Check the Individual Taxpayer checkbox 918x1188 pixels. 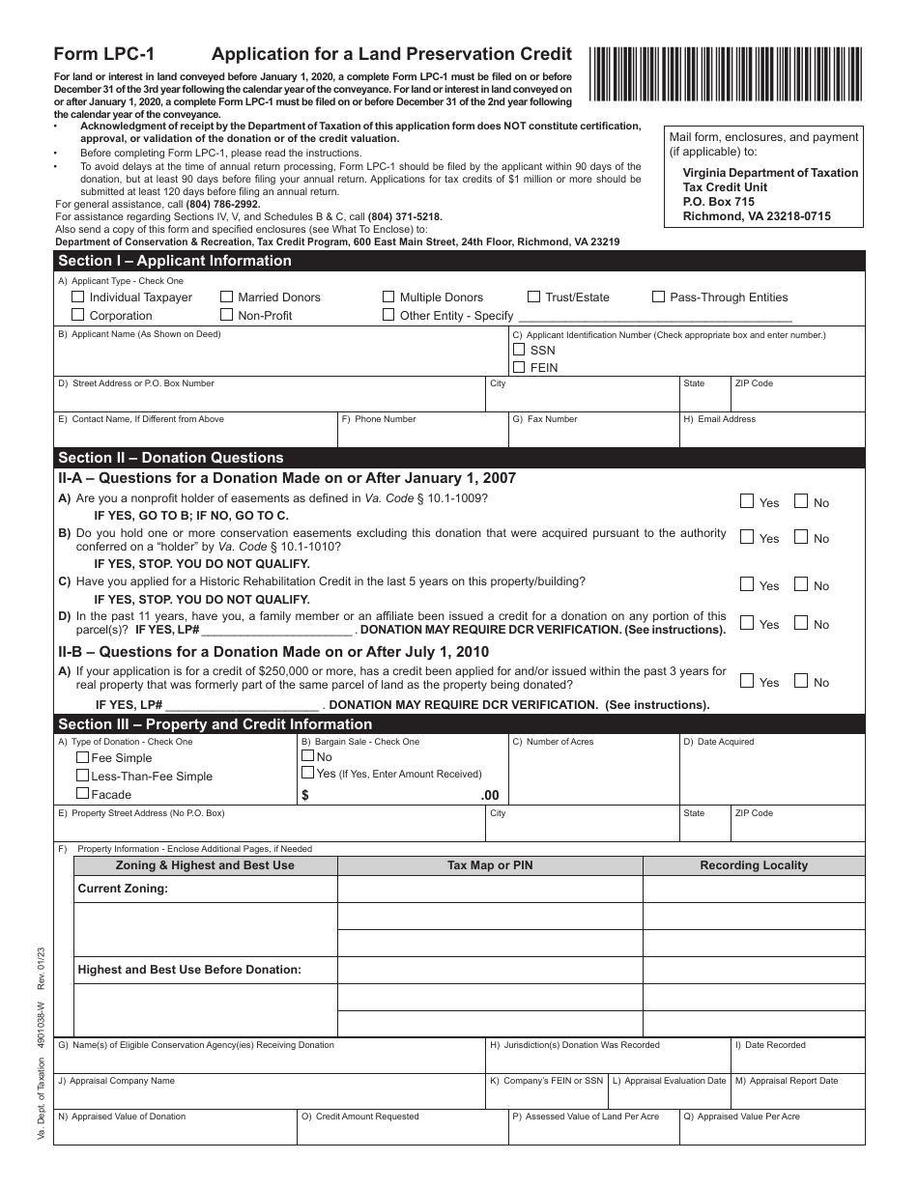pos(78,297)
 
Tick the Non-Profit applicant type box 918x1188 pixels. pos(227,315)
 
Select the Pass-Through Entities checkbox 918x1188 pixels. pos(659,297)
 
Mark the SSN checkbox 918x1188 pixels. pos(519,350)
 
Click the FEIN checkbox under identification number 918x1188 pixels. pos(519,367)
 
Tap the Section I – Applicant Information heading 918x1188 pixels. pos(175,261)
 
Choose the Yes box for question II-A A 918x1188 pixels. pos(747,501)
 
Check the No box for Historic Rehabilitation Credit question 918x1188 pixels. pos(801,584)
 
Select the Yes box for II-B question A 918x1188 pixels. pos(747,681)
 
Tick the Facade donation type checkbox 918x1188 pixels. pos(83,794)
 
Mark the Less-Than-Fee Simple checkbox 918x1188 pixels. pos(83,776)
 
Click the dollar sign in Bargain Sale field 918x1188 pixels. pos(305,795)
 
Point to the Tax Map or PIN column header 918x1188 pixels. pos(490,865)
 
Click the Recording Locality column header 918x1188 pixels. pos(754,865)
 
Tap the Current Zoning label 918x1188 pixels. pos(123,889)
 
